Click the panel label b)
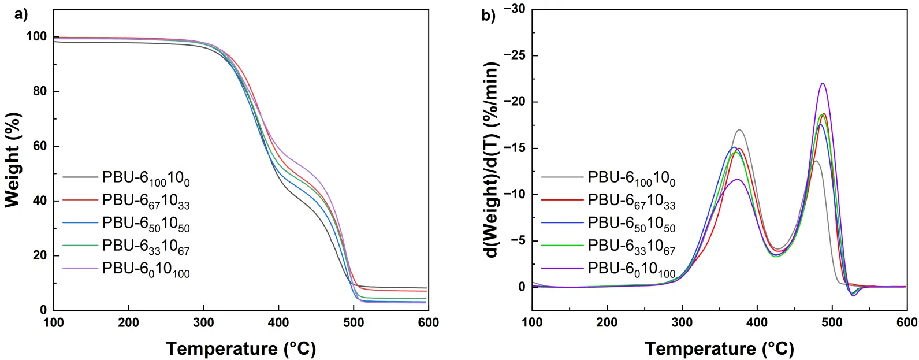coord(488,16)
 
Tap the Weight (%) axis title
coord(13,160)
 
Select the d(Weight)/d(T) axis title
coord(492,160)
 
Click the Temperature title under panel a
coord(241,348)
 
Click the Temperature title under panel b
coord(719,348)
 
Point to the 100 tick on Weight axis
coord(36,36)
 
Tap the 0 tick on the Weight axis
coord(43,310)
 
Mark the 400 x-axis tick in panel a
coord(278,322)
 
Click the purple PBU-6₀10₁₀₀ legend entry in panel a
coord(146,270)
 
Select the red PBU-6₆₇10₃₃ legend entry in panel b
coord(631,201)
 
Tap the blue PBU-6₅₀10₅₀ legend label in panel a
coord(146,224)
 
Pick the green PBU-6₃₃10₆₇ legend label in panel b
coord(631,247)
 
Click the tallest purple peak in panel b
coord(822,83)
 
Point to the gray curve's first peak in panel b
coord(739,130)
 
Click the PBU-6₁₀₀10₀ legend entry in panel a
coord(146,178)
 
